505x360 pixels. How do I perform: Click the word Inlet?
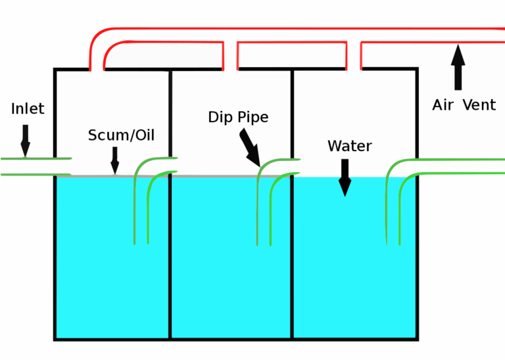(x=28, y=108)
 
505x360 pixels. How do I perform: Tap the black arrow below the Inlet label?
(x=25, y=141)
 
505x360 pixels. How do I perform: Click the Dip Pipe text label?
(x=238, y=118)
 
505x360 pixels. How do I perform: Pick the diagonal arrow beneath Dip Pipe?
(x=249, y=146)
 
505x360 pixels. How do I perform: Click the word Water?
(x=350, y=146)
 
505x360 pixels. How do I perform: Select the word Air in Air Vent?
(x=443, y=105)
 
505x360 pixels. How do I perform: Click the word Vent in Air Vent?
(x=479, y=105)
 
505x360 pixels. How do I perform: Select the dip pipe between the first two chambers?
(x=143, y=197)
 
